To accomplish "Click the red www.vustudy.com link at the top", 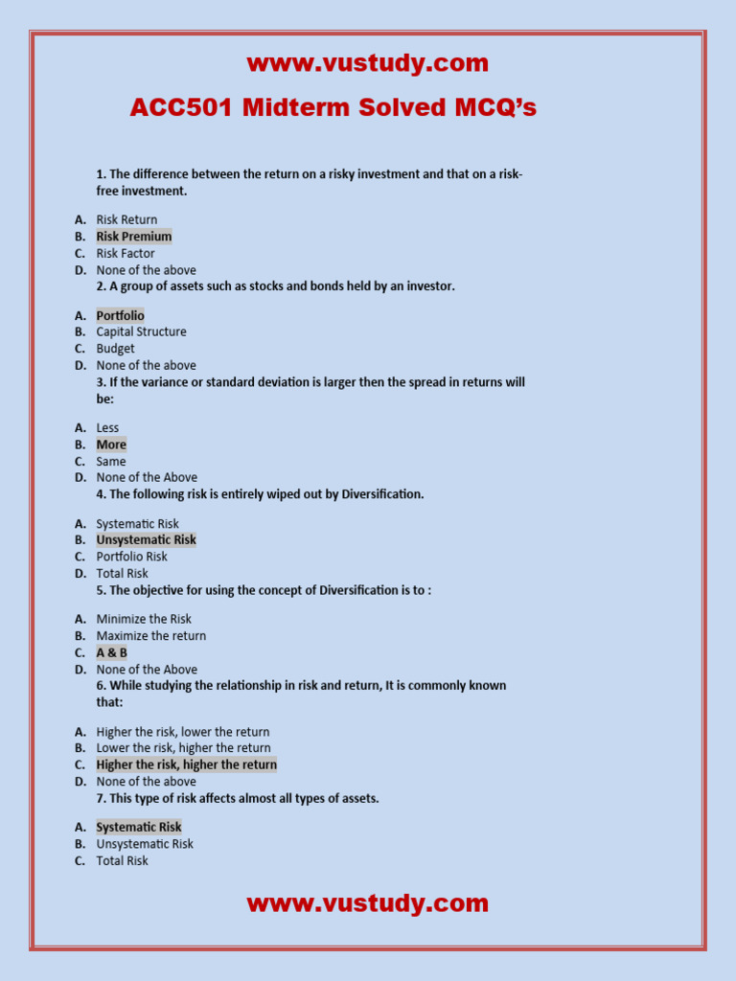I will tap(367, 64).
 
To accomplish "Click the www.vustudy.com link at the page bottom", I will tap(367, 903).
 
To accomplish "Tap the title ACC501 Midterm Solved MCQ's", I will tap(333, 108).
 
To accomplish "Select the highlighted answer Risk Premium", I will tap(133, 237).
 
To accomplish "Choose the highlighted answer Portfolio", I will tap(120, 315).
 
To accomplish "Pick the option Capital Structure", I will tap(141, 331).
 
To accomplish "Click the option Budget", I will tap(115, 349).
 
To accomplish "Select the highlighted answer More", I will tap(111, 445).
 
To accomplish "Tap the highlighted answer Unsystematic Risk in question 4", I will tap(146, 539).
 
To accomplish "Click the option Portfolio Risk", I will tap(131, 557).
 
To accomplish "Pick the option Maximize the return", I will tap(150, 635).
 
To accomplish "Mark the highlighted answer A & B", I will tap(111, 652).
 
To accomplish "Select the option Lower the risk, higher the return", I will tap(183, 747).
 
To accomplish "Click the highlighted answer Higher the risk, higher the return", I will tap(186, 764).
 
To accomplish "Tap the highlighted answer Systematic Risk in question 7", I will tap(138, 827).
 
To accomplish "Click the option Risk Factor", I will tap(125, 253).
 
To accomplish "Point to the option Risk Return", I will tap(126, 219).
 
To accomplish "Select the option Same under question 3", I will tap(110, 461).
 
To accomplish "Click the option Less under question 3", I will tap(107, 428).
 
